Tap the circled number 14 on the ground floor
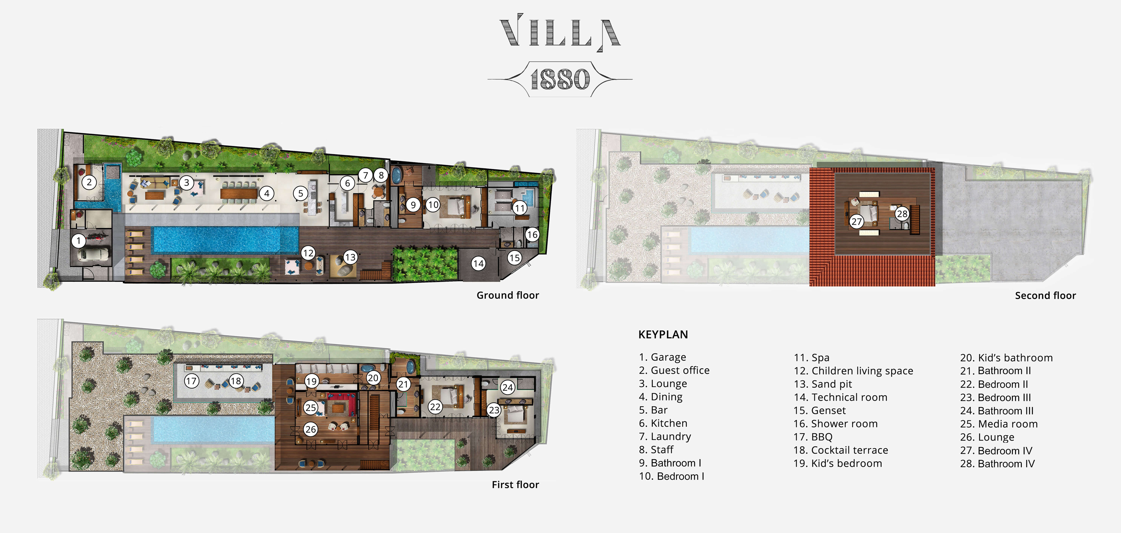[x=478, y=263]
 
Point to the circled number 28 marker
[x=902, y=213]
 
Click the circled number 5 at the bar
[x=300, y=193]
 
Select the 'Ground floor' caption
[x=507, y=295]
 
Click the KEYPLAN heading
[x=663, y=334]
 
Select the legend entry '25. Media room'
[x=999, y=424]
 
